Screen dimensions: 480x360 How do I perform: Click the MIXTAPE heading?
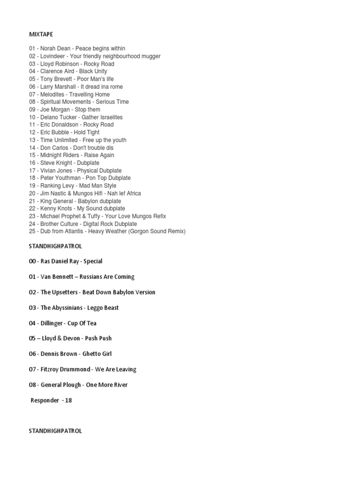42,34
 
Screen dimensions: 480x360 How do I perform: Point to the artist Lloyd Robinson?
59,64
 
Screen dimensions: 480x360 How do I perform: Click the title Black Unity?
93,71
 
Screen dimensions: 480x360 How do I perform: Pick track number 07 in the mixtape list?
32,94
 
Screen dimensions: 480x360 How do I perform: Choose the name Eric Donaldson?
60,125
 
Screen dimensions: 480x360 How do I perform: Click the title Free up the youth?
104,140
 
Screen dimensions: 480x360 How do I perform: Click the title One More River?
107,385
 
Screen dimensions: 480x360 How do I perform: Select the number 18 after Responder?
68,400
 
